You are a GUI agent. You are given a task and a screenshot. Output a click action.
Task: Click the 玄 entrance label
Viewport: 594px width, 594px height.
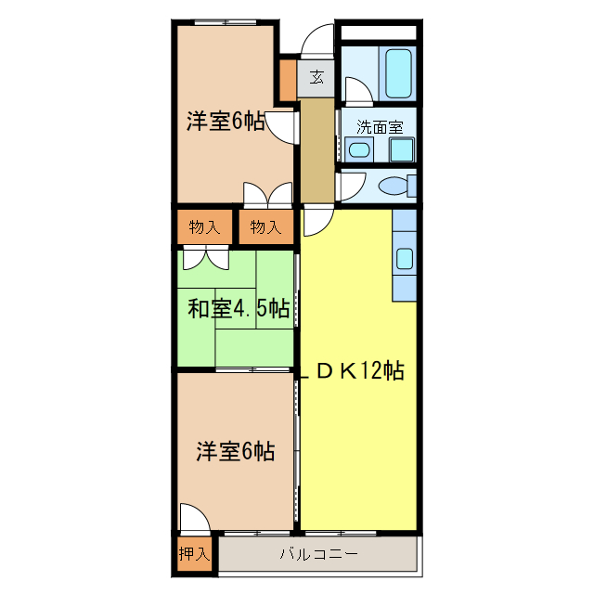tap(317, 78)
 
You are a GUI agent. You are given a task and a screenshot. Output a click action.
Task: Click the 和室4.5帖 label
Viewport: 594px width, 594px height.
tap(239, 308)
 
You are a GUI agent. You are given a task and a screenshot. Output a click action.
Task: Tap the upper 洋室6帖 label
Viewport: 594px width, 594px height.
tap(226, 122)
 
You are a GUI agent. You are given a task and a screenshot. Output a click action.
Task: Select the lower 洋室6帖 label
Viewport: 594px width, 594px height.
tap(235, 452)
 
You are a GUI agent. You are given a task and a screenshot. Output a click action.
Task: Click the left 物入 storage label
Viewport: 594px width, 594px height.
tap(204, 226)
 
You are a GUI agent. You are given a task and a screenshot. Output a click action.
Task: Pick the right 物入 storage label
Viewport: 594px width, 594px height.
tap(265, 226)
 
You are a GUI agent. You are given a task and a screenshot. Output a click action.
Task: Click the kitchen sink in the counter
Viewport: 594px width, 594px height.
tap(406, 259)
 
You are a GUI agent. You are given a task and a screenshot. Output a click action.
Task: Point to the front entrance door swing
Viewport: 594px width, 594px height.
tap(316, 42)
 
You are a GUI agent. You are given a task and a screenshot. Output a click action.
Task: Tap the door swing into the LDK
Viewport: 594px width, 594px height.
tap(316, 223)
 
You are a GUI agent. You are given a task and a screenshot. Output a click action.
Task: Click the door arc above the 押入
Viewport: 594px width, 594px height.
tap(192, 520)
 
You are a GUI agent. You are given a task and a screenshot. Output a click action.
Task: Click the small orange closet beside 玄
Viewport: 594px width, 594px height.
tap(288, 81)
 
